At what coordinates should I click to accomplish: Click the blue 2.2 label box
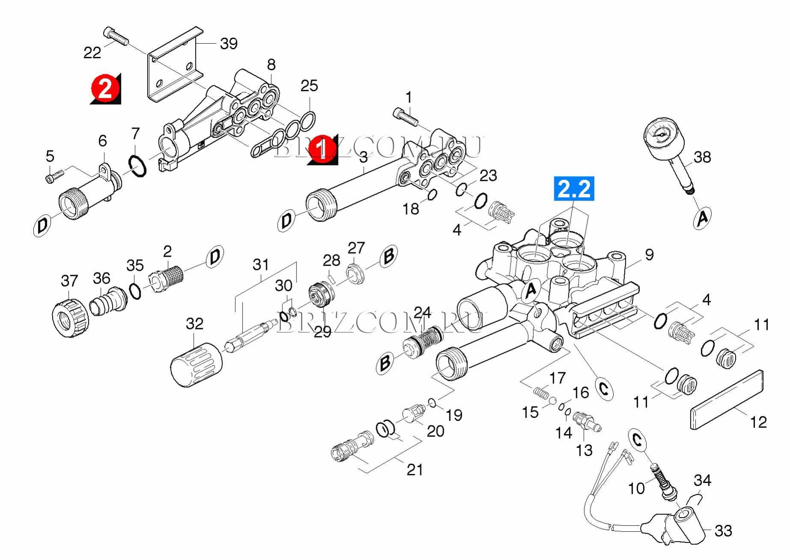click(574, 189)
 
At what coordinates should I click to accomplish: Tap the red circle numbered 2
click(105, 89)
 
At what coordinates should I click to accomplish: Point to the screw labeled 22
click(116, 36)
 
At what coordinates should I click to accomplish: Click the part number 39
click(229, 44)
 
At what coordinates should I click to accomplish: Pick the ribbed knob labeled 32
click(196, 364)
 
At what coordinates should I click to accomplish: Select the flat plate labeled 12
click(727, 399)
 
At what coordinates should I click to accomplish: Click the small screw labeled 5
click(54, 176)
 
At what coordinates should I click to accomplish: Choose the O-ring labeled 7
click(137, 166)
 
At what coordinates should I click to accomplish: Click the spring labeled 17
click(541, 392)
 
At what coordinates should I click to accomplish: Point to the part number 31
click(260, 264)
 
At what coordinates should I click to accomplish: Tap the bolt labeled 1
click(405, 117)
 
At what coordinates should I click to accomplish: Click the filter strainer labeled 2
click(167, 277)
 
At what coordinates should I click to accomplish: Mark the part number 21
click(414, 470)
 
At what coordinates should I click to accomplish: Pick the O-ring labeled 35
click(135, 291)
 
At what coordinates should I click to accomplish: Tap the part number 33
click(723, 531)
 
